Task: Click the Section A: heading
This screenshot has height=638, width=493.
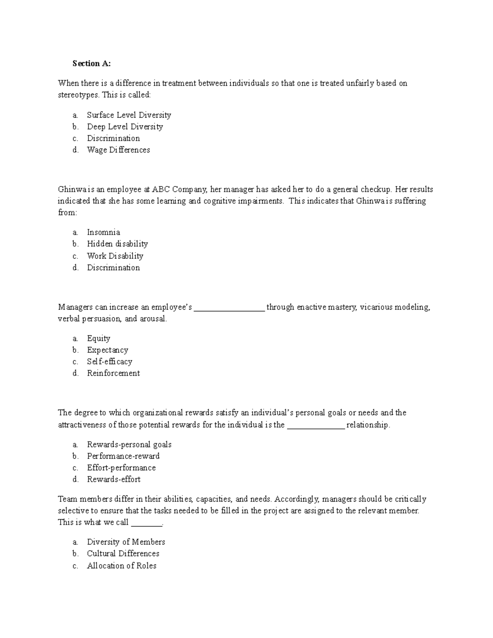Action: (92, 63)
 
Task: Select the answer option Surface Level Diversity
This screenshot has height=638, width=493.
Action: (129, 115)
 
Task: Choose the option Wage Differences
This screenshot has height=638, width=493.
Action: (118, 150)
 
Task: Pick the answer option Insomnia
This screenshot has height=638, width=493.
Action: (103, 232)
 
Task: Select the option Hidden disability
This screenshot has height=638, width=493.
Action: (117, 244)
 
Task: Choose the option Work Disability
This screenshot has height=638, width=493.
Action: (115, 256)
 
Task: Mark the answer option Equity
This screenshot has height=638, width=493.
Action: (99, 339)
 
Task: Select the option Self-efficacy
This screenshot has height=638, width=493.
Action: (109, 362)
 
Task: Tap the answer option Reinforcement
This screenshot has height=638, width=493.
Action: (113, 373)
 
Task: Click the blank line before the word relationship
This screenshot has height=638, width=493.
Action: (316, 426)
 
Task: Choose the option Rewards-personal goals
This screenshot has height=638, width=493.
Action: (129, 445)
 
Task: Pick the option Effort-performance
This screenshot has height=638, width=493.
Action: (121, 468)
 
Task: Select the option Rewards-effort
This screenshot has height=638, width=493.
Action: (113, 479)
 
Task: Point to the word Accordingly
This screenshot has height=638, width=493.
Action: (296, 499)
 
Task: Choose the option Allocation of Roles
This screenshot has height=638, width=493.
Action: (122, 566)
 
